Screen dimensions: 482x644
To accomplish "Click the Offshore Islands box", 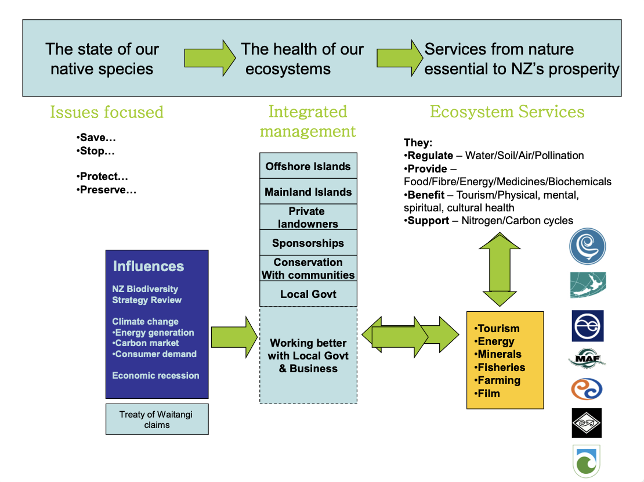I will [308, 166].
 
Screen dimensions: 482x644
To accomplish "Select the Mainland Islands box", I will [308, 192].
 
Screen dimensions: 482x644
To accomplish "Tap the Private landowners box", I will [308, 217].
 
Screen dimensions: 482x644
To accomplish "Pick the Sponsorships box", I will [308, 243].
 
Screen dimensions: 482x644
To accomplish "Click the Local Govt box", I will [308, 294].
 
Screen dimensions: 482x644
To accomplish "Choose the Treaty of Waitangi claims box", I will [157, 419].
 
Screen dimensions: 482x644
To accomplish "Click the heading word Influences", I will [149, 267].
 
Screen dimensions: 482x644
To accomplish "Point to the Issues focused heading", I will [107, 112].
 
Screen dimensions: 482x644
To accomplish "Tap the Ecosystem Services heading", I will [507, 112].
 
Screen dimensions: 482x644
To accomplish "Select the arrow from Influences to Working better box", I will [234, 336].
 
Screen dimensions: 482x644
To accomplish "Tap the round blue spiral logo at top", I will [587, 246].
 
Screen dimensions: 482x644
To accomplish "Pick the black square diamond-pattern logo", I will [587, 423].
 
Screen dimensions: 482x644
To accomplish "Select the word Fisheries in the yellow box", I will [501, 367].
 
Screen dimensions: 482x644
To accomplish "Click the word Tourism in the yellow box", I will [498, 329].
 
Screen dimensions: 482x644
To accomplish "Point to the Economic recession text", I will [155, 375].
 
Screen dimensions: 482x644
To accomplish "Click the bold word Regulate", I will [430, 156].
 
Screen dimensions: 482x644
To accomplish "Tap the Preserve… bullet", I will [107, 189].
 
